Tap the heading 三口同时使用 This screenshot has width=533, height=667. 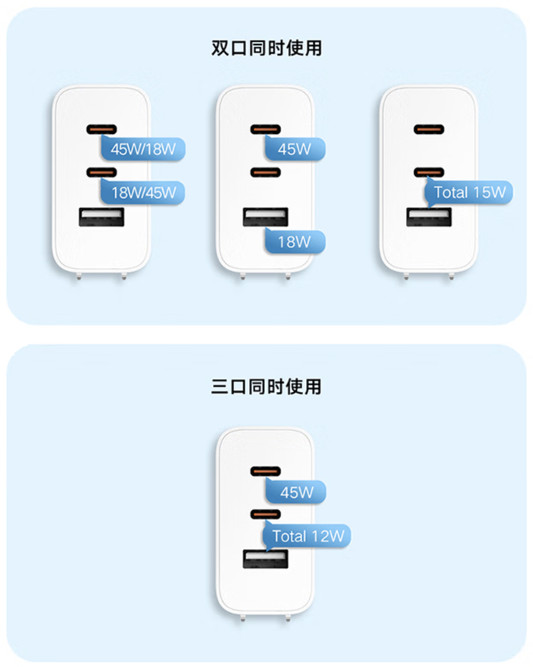pos(266,387)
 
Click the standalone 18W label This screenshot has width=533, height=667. pos(294,242)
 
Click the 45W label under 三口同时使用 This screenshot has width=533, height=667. pos(296,493)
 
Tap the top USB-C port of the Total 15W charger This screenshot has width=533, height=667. pos(430,129)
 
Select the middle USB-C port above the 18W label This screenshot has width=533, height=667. pos(266,172)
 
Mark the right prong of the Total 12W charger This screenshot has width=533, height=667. pos(289,618)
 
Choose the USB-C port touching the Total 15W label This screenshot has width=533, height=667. pos(429,172)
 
